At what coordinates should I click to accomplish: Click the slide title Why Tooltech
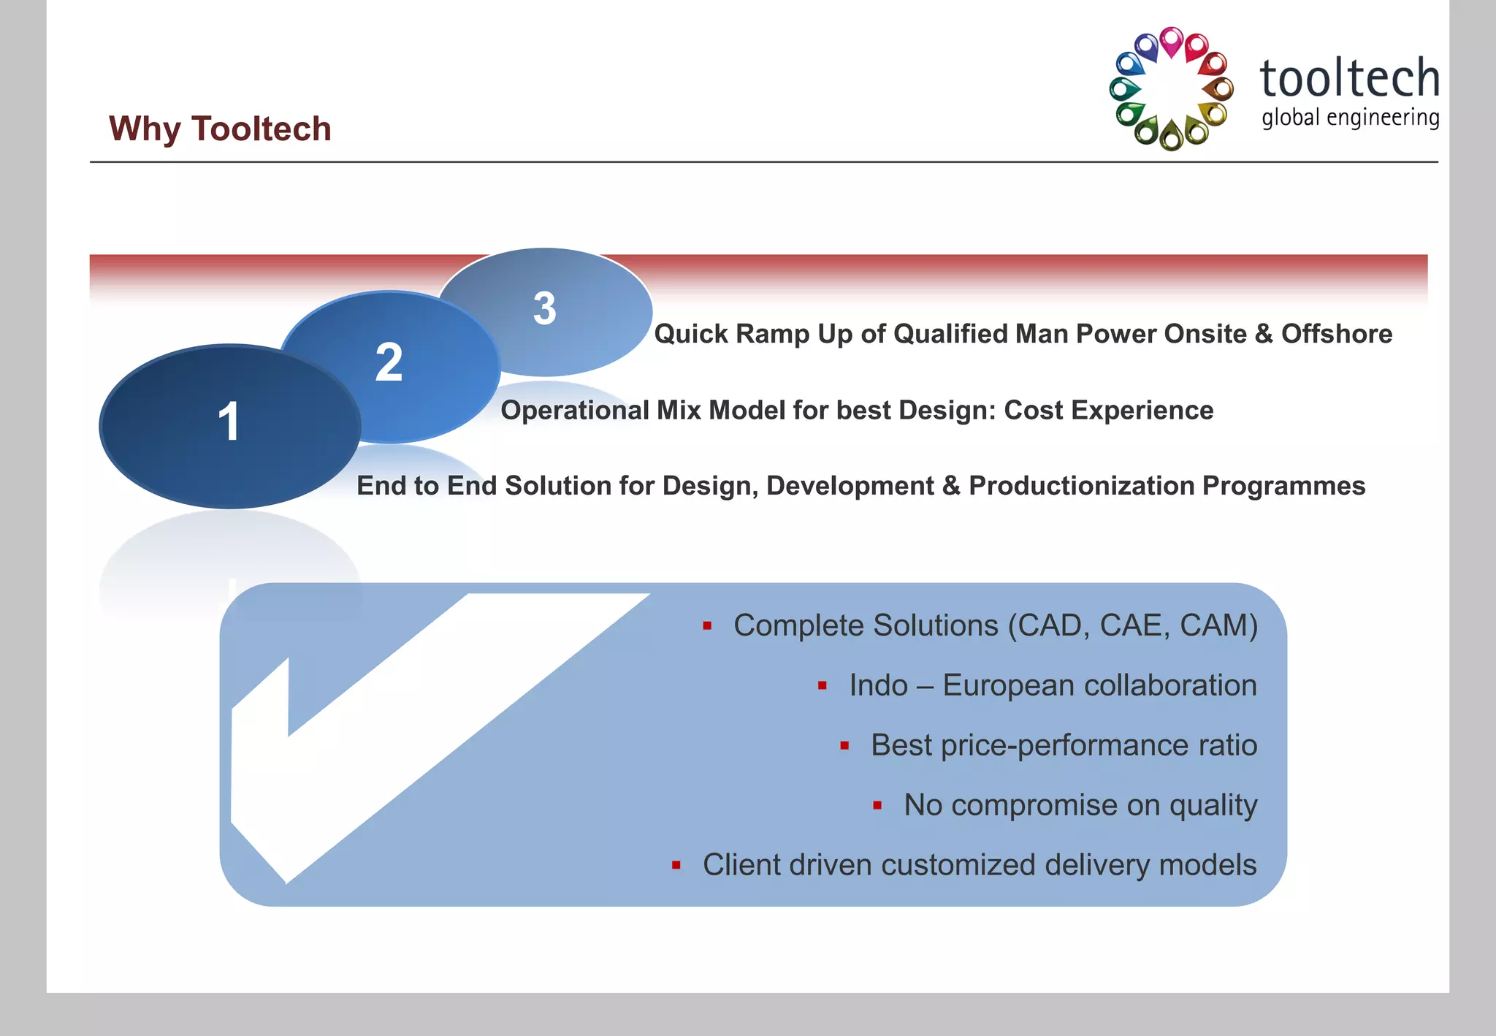(220, 129)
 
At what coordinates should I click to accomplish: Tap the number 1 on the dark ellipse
(229, 422)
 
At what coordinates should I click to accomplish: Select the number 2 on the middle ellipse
(389, 362)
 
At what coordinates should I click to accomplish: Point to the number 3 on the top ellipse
(544, 308)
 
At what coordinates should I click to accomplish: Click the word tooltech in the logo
(1349, 79)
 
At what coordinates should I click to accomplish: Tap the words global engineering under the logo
(1350, 118)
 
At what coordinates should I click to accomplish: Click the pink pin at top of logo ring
(1171, 41)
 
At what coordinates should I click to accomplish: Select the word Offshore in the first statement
(1336, 334)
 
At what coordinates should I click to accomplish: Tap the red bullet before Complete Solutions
(706, 626)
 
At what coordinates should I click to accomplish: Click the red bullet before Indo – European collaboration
(822, 686)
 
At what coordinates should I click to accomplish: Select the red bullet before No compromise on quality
(877, 806)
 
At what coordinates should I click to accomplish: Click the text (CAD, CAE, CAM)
(1132, 626)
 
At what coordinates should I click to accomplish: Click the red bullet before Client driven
(676, 866)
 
